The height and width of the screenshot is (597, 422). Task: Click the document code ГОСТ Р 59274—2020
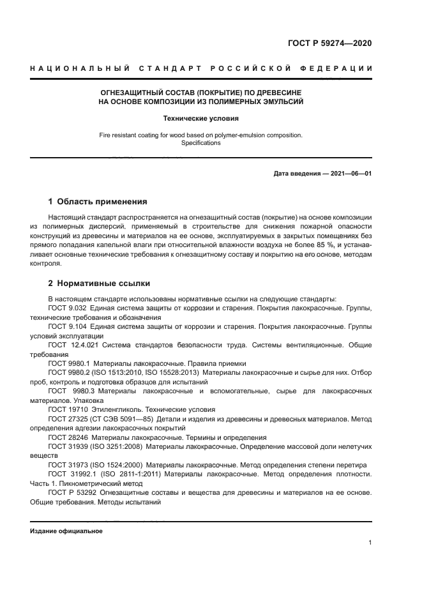click(x=330, y=43)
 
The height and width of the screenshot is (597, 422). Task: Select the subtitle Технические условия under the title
click(x=200, y=118)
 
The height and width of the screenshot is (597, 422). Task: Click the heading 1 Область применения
click(x=98, y=202)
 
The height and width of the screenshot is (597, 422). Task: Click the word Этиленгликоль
click(x=119, y=409)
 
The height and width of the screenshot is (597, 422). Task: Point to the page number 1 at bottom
click(x=370, y=543)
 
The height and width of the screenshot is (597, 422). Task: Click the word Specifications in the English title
click(x=200, y=143)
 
